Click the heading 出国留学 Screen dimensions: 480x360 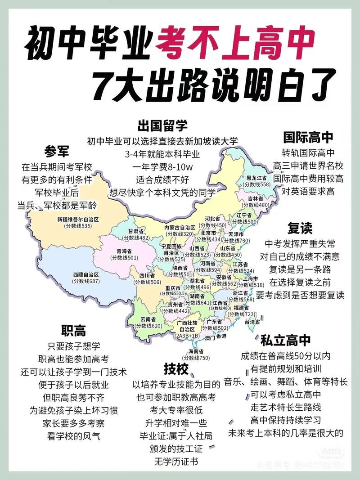click(x=162, y=126)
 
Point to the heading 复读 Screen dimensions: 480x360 click(x=300, y=228)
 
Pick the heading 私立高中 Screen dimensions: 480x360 click(x=285, y=340)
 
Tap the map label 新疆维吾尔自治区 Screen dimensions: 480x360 click(x=78, y=219)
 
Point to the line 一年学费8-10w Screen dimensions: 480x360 click(x=162, y=166)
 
